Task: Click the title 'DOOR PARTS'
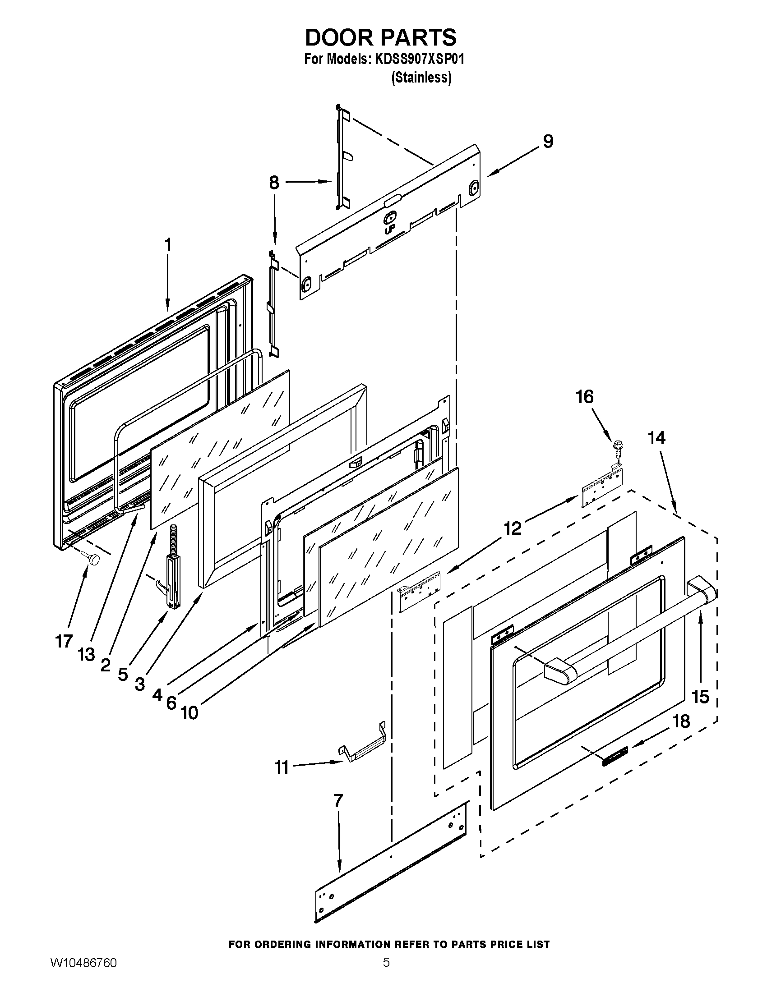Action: (x=381, y=37)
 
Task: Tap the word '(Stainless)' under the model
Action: (x=421, y=78)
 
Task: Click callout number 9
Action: (x=548, y=142)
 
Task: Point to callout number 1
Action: (x=168, y=245)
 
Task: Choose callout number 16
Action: (x=585, y=397)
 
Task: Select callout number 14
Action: (x=656, y=438)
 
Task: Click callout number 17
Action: (x=64, y=641)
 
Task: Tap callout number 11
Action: (x=281, y=767)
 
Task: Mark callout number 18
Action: (x=681, y=721)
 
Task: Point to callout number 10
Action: (x=189, y=712)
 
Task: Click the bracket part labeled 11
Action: (x=364, y=749)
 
